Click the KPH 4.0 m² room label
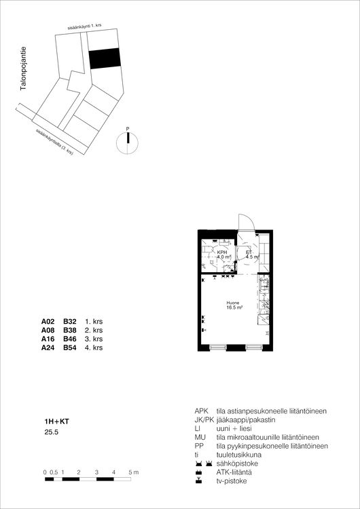coord(222,255)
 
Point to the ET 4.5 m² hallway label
coord(249,255)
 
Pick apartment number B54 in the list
coord(70,347)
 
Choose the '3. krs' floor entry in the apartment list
coord(94,339)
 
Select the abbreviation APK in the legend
coord(202,411)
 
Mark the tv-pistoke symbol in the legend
coord(198,481)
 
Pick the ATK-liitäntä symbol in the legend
coord(198,472)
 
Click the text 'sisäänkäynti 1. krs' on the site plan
coord(85,26)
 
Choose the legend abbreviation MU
coord(200,438)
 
